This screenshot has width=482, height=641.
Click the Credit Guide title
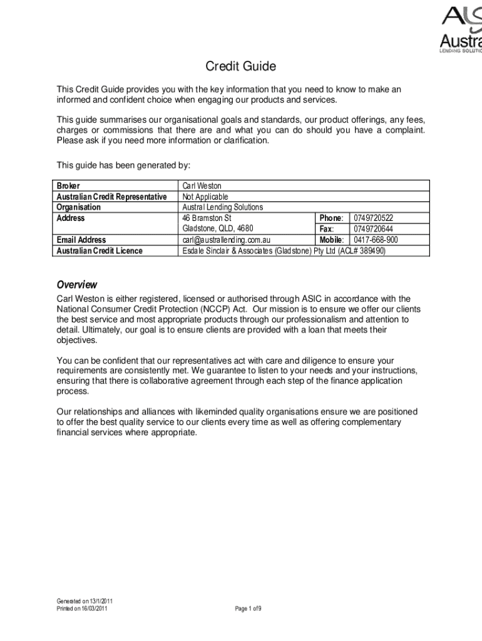pos(241,66)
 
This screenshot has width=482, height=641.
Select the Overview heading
pos(76,284)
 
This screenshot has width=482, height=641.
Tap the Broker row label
pos(68,186)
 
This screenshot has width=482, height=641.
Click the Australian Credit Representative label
pos(111,197)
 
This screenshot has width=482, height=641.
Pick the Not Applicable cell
pos(205,197)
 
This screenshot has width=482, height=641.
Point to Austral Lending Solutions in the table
pos(222,207)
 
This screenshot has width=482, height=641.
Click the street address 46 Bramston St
pos(207,218)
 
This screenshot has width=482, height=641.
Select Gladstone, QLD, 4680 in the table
pos(217,228)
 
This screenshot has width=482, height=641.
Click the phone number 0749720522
pos(374,218)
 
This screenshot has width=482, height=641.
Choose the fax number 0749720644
pos(374,228)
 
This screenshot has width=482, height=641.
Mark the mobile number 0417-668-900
pos(376,240)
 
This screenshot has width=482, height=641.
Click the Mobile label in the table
pos(331,240)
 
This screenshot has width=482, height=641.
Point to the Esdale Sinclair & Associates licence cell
pos(284,250)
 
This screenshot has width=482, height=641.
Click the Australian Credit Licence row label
pos(100,250)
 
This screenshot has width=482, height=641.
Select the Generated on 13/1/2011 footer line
pos(85,602)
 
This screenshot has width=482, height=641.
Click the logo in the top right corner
pos(461,29)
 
